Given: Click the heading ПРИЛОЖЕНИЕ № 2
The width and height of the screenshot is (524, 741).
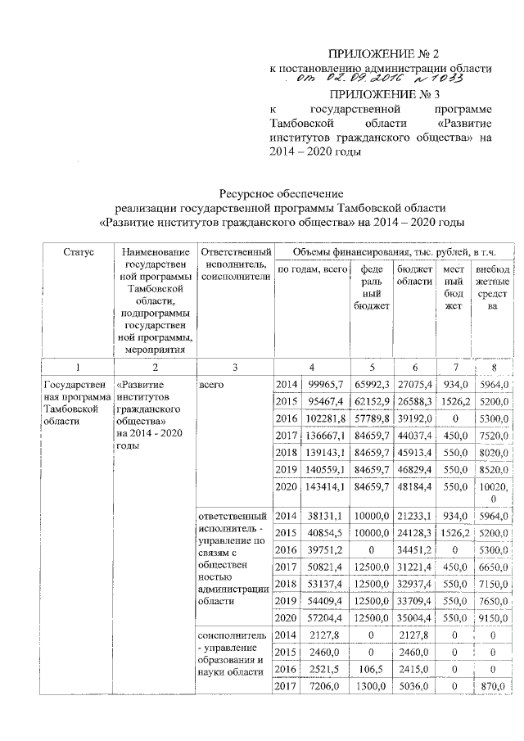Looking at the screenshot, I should [382, 53].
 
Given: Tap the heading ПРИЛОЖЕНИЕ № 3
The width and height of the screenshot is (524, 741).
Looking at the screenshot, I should [382, 94].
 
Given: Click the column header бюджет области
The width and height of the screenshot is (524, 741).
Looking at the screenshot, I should [414, 274].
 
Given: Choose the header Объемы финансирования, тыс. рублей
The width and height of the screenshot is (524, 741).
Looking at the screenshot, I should [395, 250].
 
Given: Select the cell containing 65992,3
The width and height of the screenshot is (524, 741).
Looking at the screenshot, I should [371, 385].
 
